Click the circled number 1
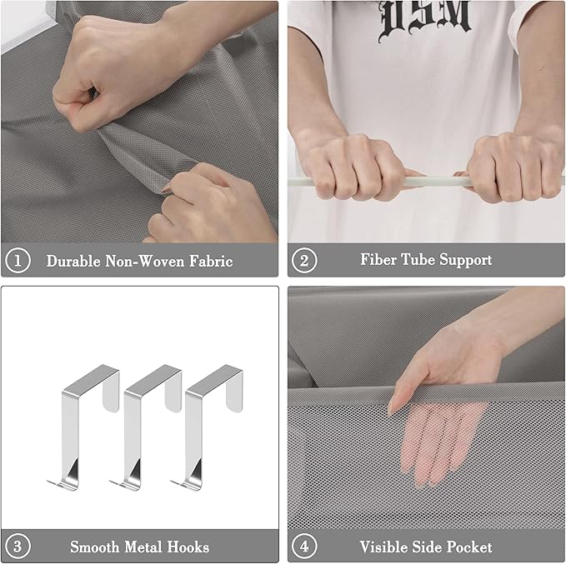coord(18,260)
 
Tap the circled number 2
coord(304,260)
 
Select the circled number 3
coord(18,546)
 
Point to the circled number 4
coord(304,546)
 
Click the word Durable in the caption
coord(73,261)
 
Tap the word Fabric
coord(211,261)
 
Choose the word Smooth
coord(94,547)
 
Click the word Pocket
coord(469,547)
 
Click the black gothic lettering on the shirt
coord(425,19)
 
